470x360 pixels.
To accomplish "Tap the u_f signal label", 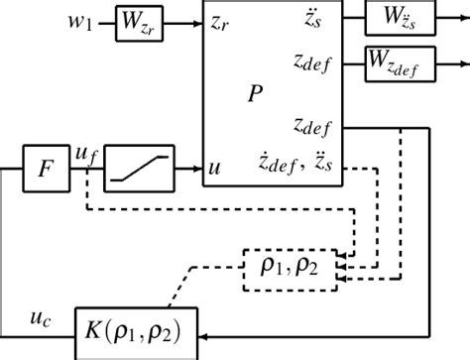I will [x=86, y=155].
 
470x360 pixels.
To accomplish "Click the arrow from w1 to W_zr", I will [x=105, y=23].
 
